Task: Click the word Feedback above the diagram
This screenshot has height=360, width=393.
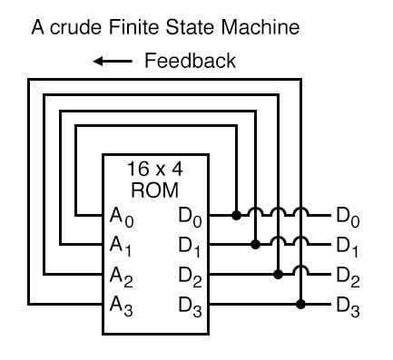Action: (190, 61)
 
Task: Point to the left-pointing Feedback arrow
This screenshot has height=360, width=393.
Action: (114, 62)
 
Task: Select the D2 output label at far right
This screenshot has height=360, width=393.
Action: (348, 273)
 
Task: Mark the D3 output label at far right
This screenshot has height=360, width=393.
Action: (348, 302)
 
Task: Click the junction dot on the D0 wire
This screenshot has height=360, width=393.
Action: (236, 215)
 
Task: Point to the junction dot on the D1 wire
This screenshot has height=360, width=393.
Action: (257, 244)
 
